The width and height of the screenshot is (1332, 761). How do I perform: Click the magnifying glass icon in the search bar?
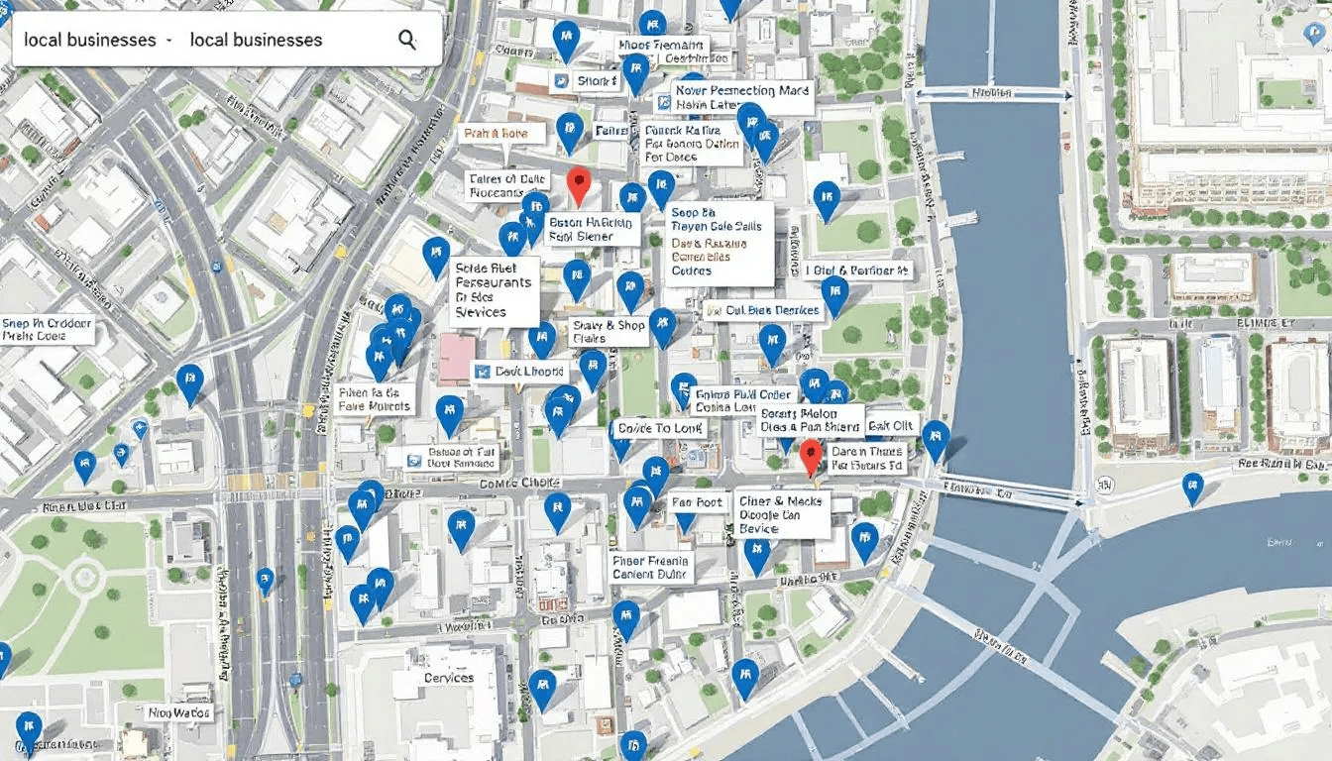pos(406,40)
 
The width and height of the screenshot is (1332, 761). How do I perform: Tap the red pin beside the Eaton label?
pos(579,183)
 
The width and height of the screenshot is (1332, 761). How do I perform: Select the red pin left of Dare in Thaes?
pos(811,458)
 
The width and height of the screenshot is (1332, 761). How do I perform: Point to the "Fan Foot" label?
pos(697,502)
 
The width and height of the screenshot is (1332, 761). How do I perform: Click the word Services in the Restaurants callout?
pos(481,311)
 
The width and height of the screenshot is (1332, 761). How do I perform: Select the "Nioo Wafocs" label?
pos(179,711)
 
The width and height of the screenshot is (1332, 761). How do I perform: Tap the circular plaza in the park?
pos(85,576)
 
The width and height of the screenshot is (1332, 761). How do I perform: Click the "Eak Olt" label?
pos(889,427)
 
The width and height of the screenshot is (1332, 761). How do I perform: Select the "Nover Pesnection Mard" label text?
pos(742,91)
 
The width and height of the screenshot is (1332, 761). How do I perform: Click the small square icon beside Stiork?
pos(561,81)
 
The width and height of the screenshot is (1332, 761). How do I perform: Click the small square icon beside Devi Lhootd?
pos(483,372)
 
